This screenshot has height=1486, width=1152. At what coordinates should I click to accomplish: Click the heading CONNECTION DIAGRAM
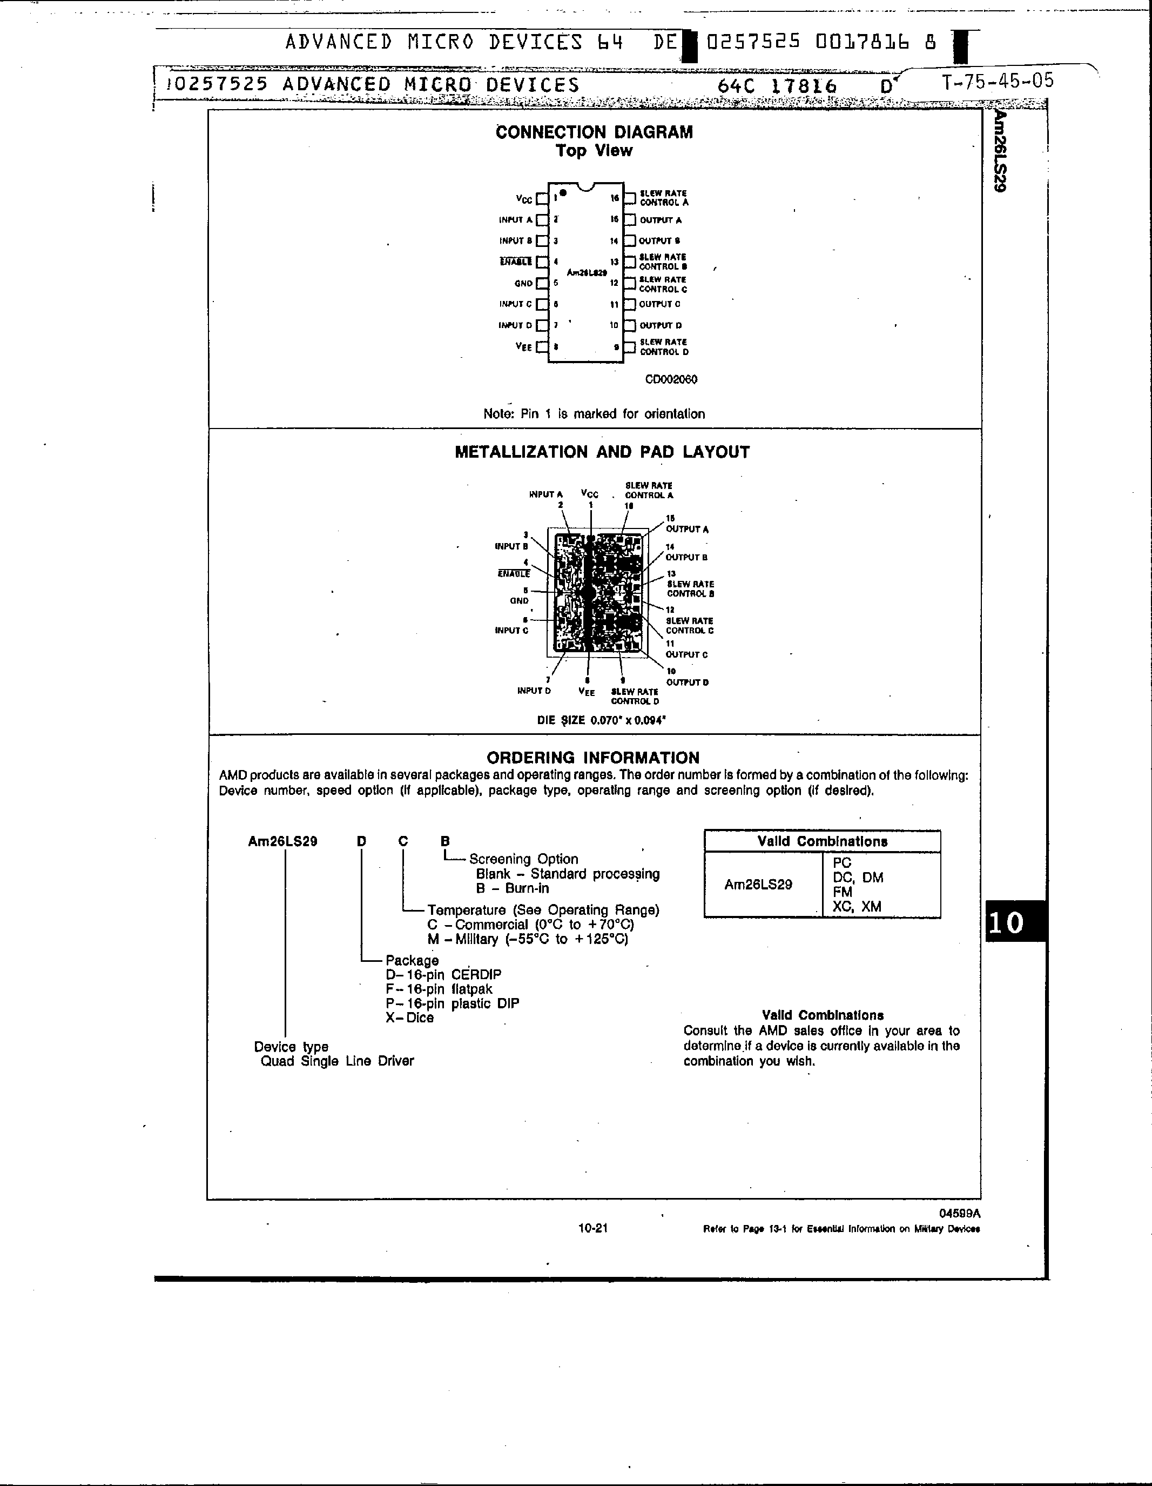pos(594,132)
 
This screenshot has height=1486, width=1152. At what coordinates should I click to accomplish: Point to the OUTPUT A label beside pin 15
pos(661,220)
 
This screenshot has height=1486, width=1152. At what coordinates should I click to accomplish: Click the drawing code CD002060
pos(671,379)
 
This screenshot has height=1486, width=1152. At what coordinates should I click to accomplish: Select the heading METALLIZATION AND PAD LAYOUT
pos(602,452)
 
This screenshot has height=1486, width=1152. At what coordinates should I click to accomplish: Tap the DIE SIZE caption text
pos(601,720)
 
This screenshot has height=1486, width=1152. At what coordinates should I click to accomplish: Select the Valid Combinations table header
pos(822,841)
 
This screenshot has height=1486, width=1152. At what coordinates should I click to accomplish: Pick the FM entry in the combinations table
pos(842,892)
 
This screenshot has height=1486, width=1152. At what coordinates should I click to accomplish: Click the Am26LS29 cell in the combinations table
pos(758,885)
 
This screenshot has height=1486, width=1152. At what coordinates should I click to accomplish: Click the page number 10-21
pos(592,1228)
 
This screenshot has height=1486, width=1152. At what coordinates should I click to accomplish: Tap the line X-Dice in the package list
pos(409,1018)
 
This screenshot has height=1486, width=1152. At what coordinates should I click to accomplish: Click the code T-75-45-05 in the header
pos(998,82)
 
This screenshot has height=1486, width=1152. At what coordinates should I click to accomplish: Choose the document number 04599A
pos(960,1213)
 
